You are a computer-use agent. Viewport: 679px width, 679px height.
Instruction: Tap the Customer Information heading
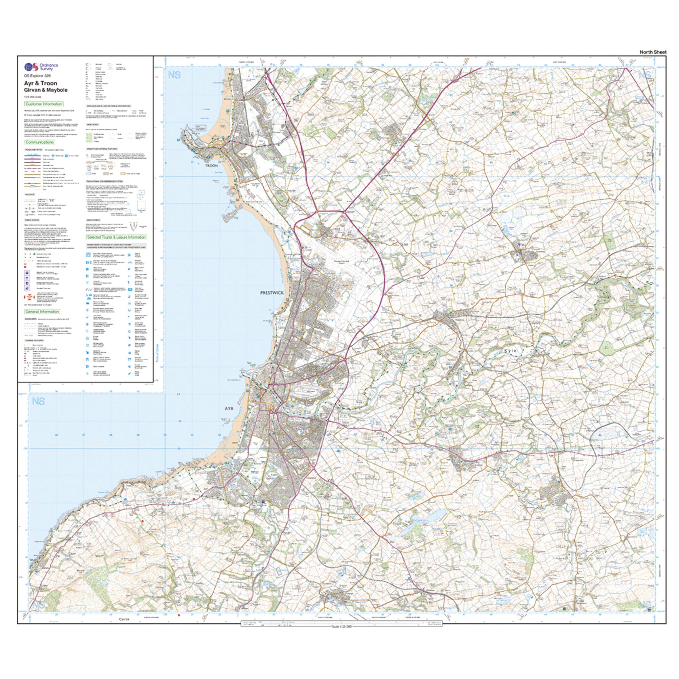[44, 104]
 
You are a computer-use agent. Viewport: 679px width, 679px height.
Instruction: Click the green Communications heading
[39, 142]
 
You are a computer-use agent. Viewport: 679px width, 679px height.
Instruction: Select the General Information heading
[42, 311]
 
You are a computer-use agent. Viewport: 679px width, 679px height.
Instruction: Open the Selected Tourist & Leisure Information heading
[116, 237]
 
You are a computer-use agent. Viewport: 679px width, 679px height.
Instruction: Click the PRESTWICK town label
[272, 292]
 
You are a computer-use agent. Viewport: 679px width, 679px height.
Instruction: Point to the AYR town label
[229, 409]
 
